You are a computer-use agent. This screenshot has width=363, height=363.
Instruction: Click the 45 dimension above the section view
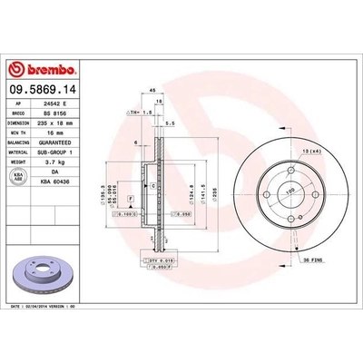pyautogui.click(x=153, y=89)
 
